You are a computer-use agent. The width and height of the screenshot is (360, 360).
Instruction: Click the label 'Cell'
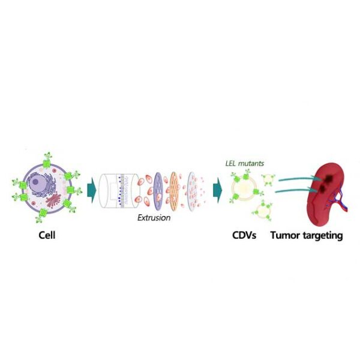(x=44, y=235)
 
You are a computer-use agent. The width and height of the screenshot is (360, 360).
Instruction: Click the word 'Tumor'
(x=284, y=235)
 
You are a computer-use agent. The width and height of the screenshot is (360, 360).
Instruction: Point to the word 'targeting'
(x=322, y=235)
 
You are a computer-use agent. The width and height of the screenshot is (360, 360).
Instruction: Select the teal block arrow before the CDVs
(x=217, y=191)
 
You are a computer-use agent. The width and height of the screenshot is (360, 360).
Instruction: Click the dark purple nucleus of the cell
(x=37, y=180)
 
